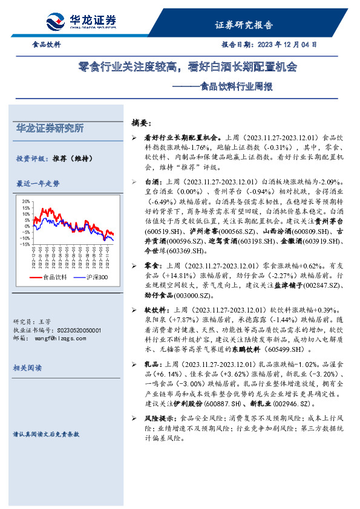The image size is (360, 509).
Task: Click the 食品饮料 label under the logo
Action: (46, 45)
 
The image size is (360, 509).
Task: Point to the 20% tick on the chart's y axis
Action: (25, 201)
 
